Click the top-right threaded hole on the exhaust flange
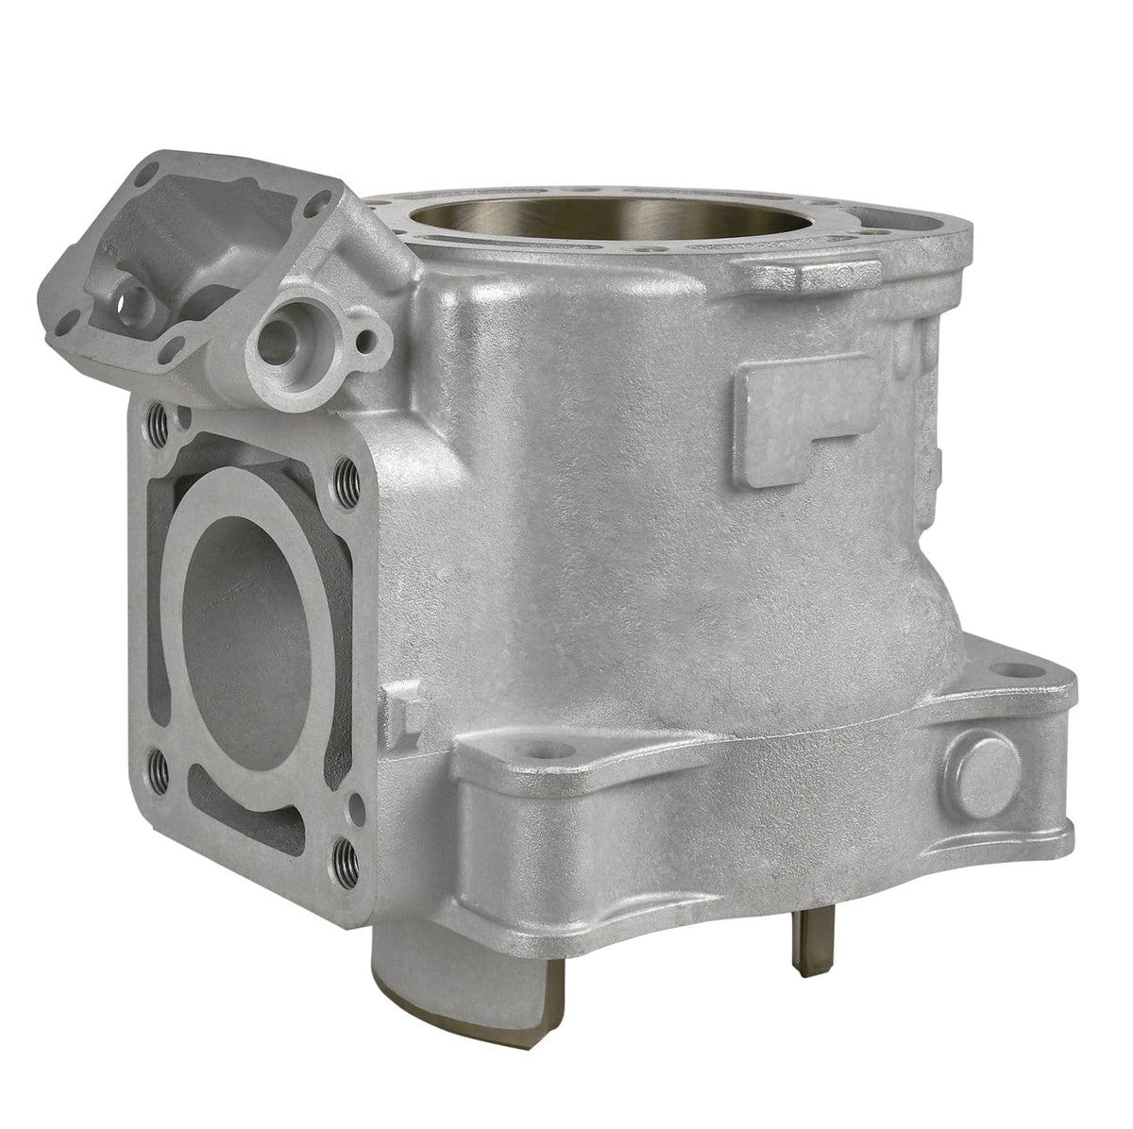click(346, 473)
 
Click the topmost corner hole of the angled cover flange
click(146, 175)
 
